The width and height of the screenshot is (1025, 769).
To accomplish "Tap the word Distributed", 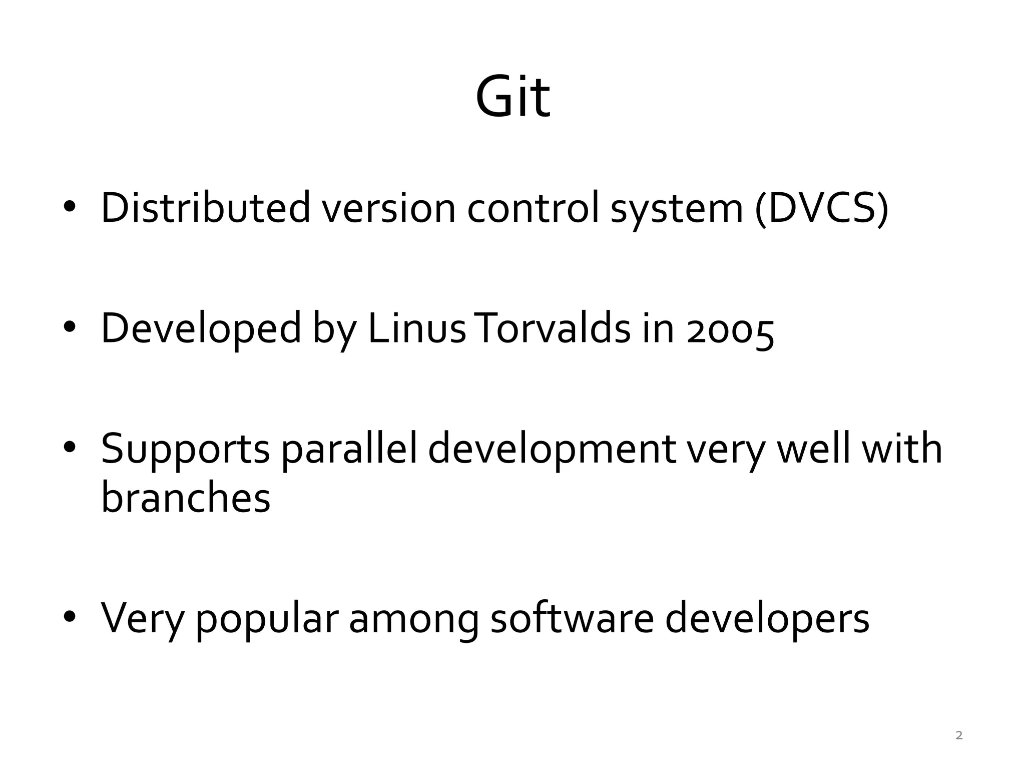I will tap(206, 207).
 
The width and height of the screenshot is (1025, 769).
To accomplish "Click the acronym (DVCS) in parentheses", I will tap(821, 207).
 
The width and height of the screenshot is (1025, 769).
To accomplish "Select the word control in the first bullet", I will tap(533, 207).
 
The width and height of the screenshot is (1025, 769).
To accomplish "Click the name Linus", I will tap(417, 328).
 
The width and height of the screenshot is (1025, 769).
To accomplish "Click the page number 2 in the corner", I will tap(959, 735).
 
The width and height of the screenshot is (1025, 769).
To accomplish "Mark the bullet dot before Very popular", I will tap(69, 617).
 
